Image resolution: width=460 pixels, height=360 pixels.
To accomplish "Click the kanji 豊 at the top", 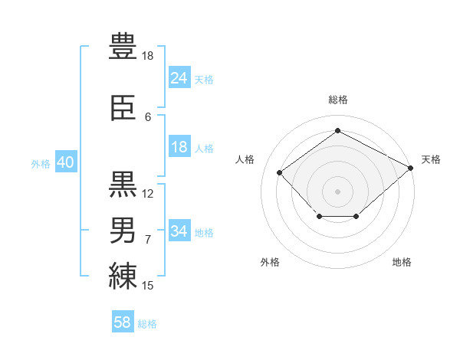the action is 123,46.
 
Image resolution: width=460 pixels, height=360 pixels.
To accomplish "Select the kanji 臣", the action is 123,107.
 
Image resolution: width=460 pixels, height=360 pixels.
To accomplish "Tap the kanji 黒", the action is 123,184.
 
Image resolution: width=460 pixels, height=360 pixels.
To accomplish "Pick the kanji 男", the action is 123,230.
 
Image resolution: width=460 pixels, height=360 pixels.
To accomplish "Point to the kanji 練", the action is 123,276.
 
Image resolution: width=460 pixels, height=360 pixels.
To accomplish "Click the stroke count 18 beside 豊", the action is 147,56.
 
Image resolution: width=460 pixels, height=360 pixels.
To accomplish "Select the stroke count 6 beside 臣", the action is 148,117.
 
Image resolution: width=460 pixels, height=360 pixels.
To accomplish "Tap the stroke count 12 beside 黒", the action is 147,194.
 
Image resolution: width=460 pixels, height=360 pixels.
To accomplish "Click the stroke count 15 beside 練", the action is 147,286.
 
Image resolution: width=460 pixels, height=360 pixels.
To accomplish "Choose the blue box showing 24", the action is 179,77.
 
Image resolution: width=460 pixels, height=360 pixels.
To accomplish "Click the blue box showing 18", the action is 179,146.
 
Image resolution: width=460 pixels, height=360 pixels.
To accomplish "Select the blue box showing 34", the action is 179,230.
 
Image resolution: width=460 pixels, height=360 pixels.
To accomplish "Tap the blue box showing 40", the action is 66,162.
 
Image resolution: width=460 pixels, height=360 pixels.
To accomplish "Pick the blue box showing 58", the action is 123,321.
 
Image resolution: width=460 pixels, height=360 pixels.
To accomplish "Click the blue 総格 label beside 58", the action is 147,324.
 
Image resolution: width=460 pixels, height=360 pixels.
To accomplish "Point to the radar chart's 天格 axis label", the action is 431,159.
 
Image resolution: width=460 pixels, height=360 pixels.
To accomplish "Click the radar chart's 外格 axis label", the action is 270,262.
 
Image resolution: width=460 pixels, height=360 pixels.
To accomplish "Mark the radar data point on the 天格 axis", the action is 411,168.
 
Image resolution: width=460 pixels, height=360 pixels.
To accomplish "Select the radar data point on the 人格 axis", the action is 280,172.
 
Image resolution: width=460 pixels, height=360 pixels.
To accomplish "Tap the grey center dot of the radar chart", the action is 337,191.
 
